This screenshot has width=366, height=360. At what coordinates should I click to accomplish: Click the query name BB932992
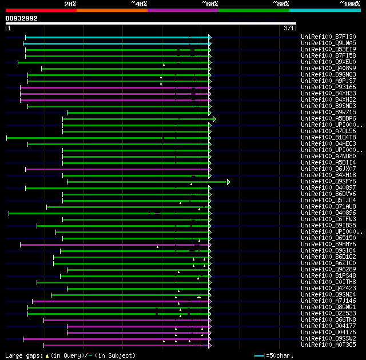(x=22, y=18)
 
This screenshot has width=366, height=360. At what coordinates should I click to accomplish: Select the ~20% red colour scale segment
(x=41, y=10)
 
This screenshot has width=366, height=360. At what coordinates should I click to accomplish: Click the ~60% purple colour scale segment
(x=182, y=10)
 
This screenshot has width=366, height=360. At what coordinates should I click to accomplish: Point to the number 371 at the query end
(x=289, y=27)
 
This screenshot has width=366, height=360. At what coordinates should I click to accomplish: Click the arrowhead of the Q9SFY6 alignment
(x=228, y=182)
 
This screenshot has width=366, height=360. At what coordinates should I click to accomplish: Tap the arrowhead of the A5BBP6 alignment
(x=214, y=119)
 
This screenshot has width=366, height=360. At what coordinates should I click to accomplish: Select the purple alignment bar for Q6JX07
(x=114, y=169)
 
